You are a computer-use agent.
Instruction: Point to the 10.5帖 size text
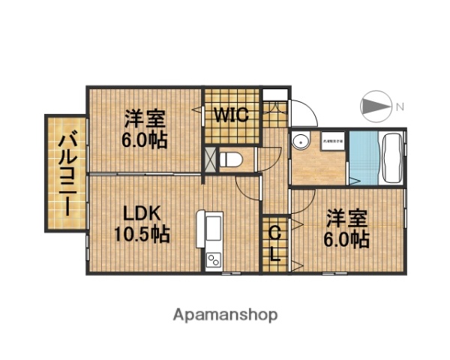142,235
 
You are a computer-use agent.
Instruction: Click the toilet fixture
230,159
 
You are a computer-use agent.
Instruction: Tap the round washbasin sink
301,140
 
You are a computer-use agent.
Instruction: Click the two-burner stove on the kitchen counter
213,260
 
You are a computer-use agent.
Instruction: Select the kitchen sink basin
211,226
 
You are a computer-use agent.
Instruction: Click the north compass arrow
377,106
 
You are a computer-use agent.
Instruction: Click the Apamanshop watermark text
225,315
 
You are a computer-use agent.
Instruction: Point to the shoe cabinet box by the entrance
277,94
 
